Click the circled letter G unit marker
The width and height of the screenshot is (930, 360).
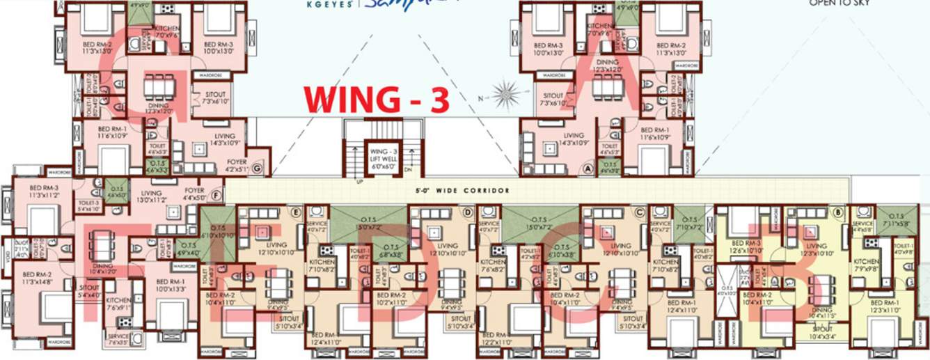(x=258, y=169)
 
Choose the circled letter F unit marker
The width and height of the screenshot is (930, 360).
(x=216, y=196)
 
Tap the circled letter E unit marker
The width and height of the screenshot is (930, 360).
(x=296, y=211)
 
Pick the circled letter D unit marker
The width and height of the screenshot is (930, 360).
(x=468, y=211)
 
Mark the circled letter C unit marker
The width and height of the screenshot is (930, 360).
(x=639, y=211)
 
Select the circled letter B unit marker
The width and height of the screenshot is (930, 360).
(x=839, y=211)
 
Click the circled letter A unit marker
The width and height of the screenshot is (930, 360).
(x=588, y=169)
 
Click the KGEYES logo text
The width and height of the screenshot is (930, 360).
(x=330, y=3)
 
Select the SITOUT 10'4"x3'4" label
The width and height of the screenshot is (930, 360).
(x=823, y=331)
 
